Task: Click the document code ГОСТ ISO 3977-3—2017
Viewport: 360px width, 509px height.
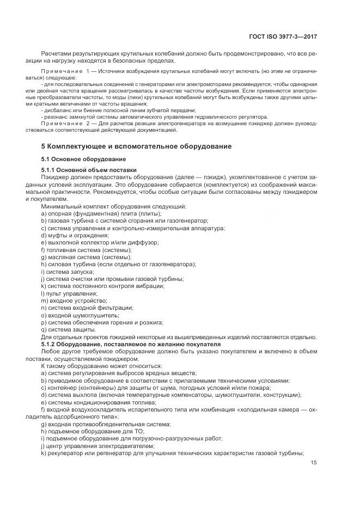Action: pos(285,37)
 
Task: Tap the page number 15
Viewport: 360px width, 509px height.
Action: pos(314,463)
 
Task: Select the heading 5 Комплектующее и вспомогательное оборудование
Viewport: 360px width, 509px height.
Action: pos(136,146)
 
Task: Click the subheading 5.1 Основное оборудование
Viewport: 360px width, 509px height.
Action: pos(76,159)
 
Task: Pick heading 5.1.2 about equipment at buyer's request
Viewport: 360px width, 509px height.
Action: pos(131,345)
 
